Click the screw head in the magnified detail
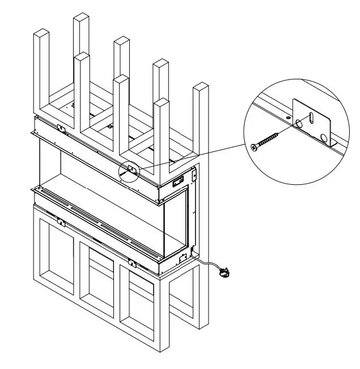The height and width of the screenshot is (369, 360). coord(253,147)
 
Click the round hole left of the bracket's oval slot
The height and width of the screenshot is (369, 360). coord(299,123)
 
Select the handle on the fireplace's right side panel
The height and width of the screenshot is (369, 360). coord(179,181)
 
